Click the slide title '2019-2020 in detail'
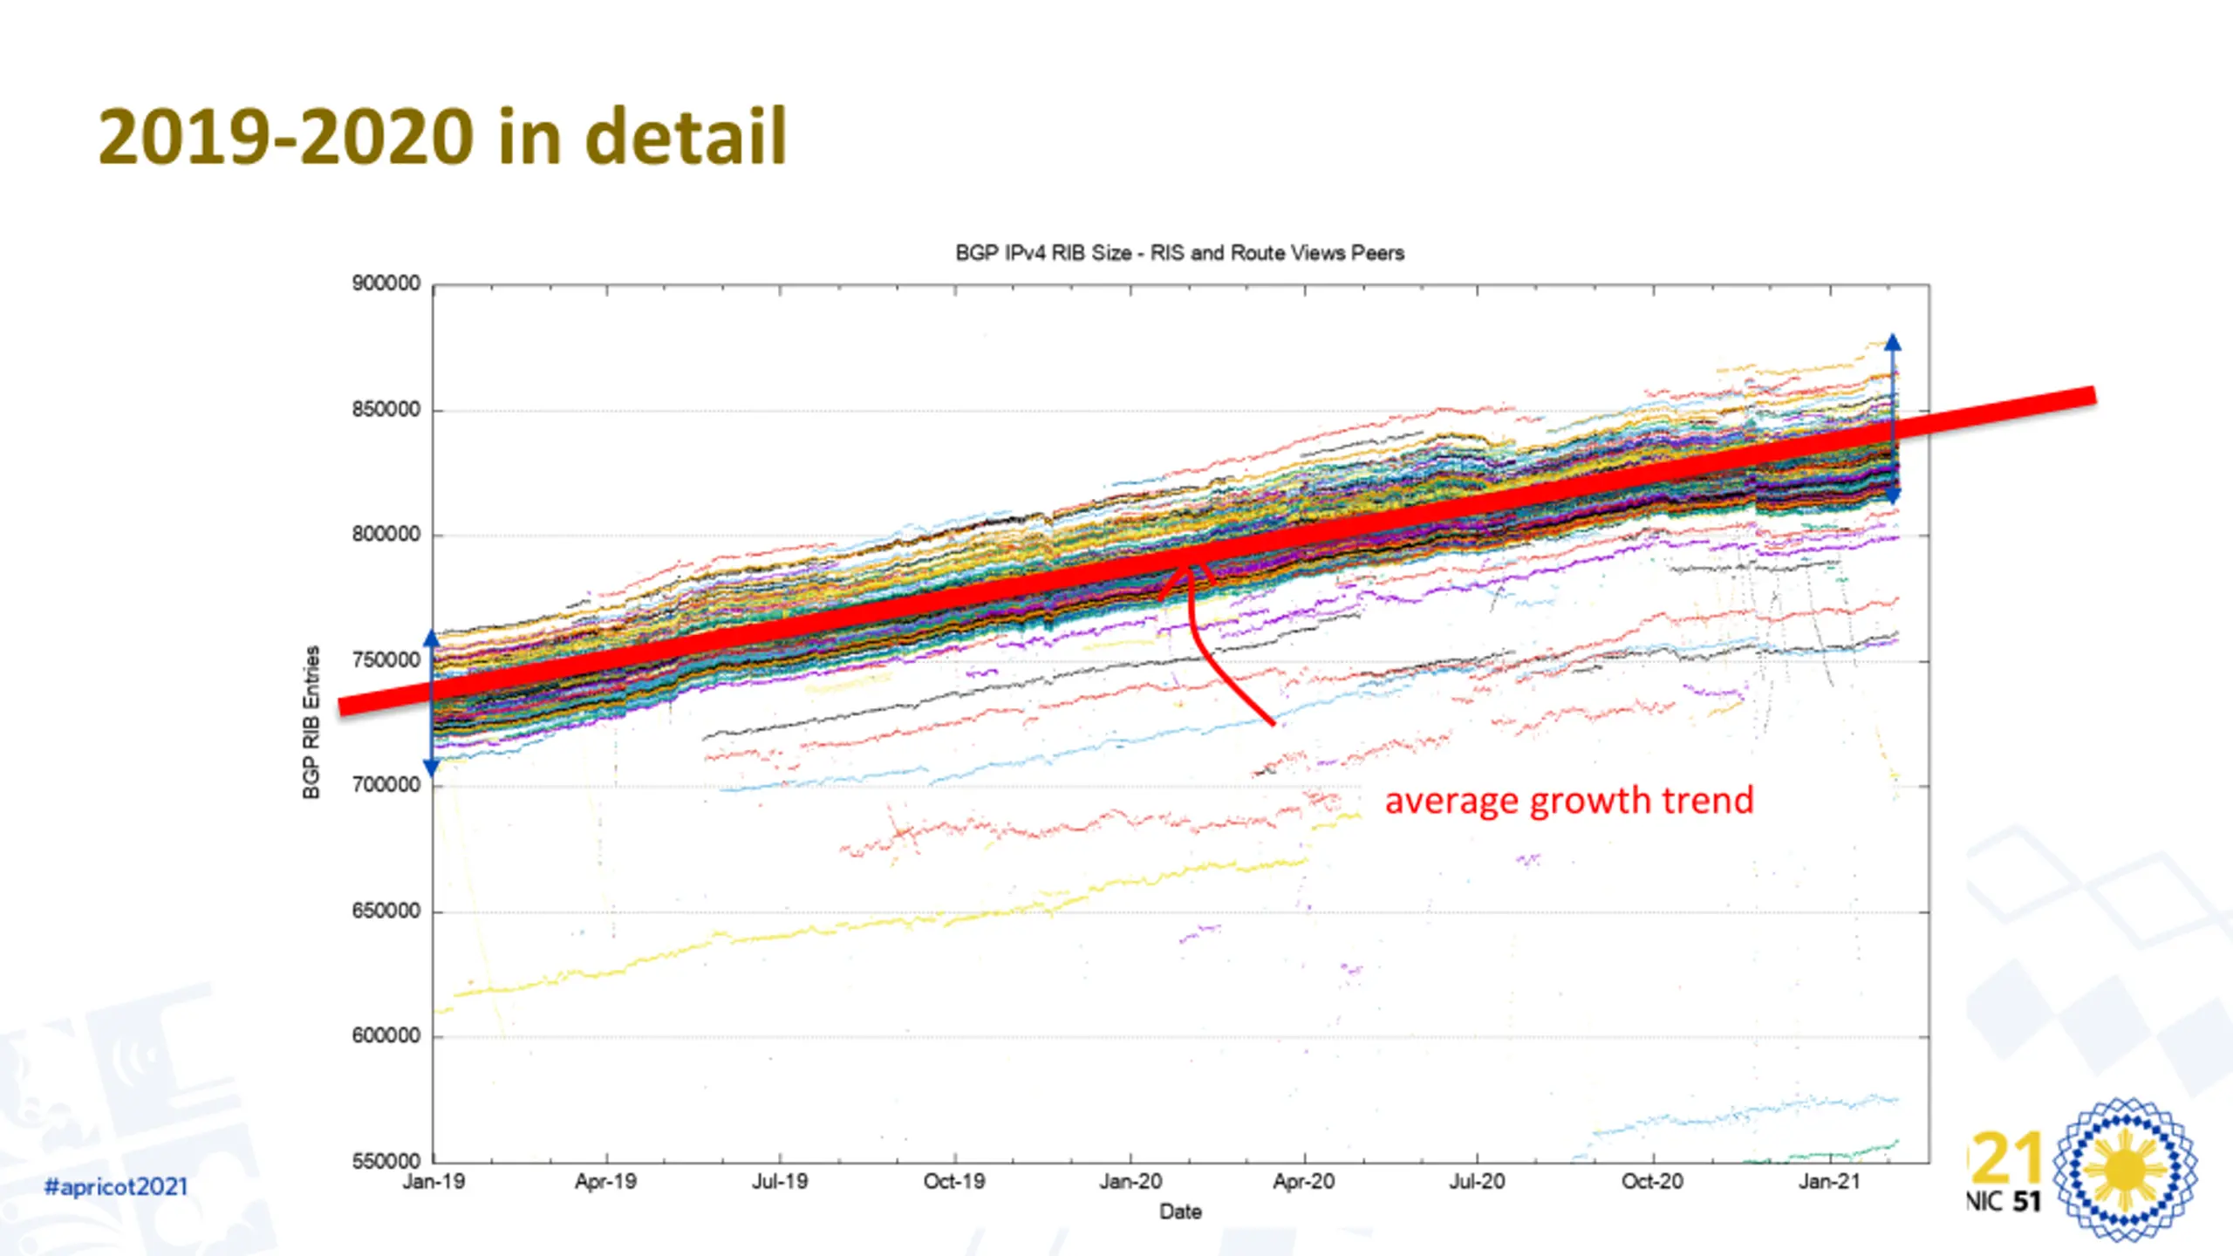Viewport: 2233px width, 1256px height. [442, 137]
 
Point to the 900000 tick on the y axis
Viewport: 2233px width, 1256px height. [386, 283]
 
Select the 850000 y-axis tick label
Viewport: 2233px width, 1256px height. [386, 409]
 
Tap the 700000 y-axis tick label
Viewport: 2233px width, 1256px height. [386, 785]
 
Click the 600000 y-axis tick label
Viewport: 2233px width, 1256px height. [386, 1035]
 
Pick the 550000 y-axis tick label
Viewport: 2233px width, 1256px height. [386, 1161]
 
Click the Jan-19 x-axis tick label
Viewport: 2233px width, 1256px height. [434, 1182]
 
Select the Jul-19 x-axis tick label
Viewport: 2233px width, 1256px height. [780, 1182]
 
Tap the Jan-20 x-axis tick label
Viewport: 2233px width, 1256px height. [1130, 1182]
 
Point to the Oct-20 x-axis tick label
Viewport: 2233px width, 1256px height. [1652, 1182]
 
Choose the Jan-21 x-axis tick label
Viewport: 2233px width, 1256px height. [1829, 1182]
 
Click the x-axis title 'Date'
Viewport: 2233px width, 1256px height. [1180, 1212]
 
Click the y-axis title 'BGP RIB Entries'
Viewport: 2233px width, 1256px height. [311, 722]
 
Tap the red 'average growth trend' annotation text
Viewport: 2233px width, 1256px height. [1569, 801]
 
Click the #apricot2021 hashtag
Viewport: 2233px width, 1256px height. [116, 1187]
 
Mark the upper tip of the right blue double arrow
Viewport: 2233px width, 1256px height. [1893, 336]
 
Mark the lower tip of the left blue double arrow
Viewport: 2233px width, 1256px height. [431, 775]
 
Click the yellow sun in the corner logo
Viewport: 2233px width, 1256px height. [2125, 1169]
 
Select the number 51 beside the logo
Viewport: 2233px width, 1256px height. [2027, 1202]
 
